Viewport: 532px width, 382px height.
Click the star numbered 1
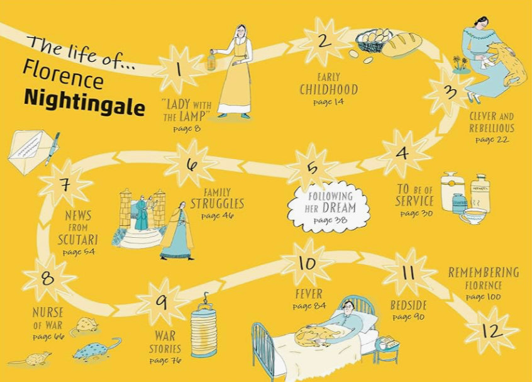(179, 70)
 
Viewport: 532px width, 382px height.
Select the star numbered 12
(492, 330)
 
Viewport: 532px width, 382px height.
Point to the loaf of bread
(401, 44)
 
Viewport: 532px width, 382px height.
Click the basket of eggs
(373, 40)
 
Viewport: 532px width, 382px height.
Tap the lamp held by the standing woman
(211, 60)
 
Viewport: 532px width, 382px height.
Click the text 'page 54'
(78, 252)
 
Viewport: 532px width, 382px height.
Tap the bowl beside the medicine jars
(474, 218)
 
